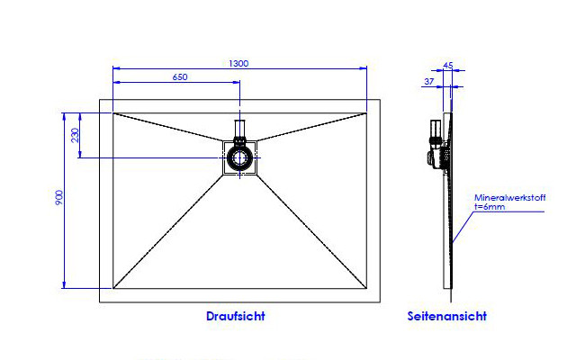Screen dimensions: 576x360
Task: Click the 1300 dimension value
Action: [238, 64]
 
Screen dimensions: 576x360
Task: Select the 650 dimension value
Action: [180, 77]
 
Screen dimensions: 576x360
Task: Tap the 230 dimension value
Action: [75, 135]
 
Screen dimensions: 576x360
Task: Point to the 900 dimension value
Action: [59, 198]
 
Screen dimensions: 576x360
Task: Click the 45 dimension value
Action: [448, 66]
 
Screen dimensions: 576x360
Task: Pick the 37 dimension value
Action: [429, 82]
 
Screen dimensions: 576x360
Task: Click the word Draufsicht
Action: [236, 316]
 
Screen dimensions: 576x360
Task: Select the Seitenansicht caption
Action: [447, 316]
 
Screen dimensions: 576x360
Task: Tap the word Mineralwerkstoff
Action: [510, 198]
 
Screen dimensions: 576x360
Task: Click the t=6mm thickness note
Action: [490, 207]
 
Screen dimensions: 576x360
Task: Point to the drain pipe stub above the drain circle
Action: [240, 128]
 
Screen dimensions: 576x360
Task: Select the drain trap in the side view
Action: [437, 144]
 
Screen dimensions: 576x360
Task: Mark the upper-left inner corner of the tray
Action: [113, 113]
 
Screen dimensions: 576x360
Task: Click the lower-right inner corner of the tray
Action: [366, 288]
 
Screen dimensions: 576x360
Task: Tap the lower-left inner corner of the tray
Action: [113, 288]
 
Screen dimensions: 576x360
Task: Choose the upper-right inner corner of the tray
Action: [366, 113]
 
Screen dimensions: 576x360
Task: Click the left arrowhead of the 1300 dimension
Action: [116, 68]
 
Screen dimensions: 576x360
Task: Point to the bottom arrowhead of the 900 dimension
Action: [64, 285]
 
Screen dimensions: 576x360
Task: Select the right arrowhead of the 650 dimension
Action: [237, 82]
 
